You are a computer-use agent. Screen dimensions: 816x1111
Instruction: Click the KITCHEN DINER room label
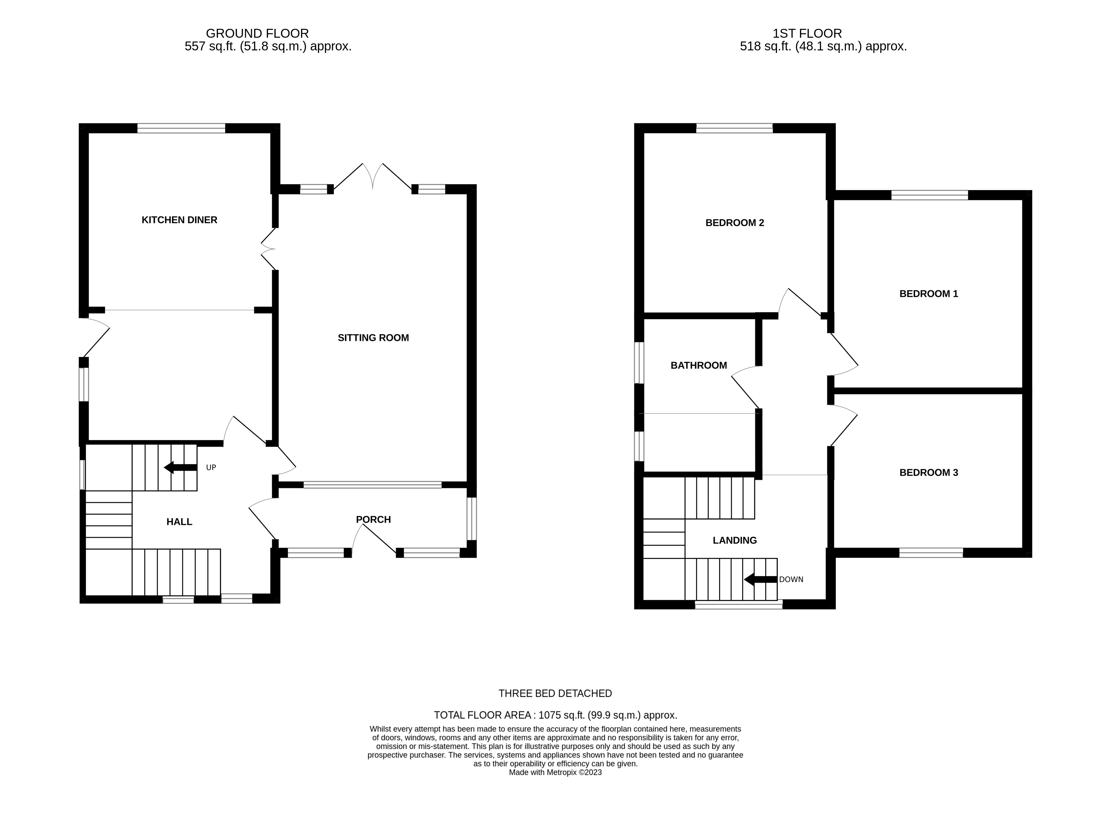coord(179,220)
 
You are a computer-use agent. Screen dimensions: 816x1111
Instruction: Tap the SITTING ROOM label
coord(373,338)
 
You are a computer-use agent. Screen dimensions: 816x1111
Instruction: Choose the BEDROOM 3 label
coord(928,473)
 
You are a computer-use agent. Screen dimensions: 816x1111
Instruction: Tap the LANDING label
coord(734,540)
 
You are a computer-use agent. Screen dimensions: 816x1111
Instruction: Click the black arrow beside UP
coord(180,467)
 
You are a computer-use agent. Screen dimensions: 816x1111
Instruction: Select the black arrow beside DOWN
coord(760,579)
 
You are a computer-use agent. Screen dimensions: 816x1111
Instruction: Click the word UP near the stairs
coord(211,468)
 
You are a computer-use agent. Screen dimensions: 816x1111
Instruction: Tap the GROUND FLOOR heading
coord(257,34)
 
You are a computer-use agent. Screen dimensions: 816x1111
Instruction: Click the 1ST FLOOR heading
coord(807,34)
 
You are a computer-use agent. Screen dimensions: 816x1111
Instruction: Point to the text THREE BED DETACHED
coord(555,693)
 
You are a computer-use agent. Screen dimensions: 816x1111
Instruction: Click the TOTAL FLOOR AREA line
coord(555,715)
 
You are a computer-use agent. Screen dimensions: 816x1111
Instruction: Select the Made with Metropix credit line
coord(555,773)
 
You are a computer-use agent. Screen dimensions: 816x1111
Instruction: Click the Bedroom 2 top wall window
coord(734,128)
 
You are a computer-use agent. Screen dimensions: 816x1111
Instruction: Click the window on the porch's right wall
coord(472,519)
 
